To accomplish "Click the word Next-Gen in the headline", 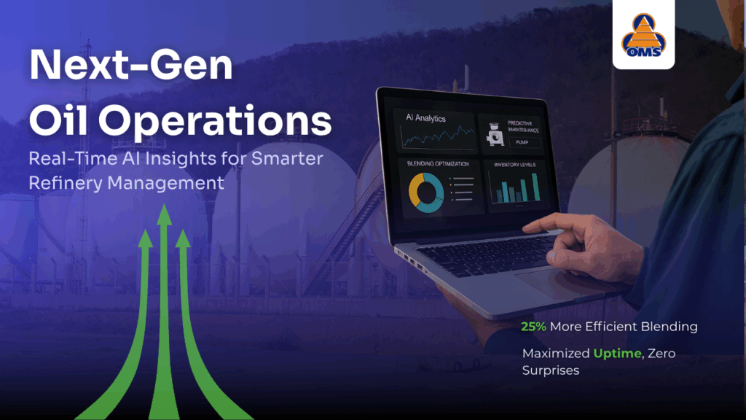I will (x=130, y=66).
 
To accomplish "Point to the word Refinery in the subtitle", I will (x=66, y=182).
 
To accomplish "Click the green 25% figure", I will (x=534, y=327).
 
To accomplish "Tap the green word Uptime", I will (x=618, y=354).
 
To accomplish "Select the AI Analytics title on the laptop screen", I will (x=425, y=118).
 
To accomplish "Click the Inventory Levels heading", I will (x=514, y=165).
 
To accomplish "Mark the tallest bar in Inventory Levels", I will (x=535, y=187).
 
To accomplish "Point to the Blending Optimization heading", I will (x=438, y=164).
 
